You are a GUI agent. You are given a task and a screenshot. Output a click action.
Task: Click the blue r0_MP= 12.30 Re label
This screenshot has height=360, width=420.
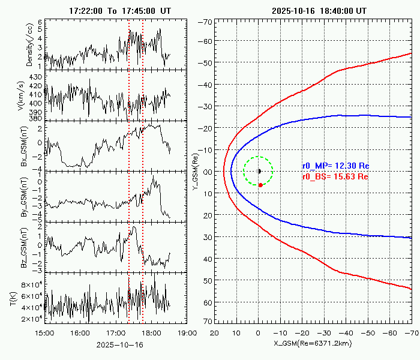(x=335, y=166)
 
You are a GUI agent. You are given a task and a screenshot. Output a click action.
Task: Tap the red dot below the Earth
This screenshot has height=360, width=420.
(x=260, y=185)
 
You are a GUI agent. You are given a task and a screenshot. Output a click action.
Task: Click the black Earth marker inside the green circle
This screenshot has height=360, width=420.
(x=259, y=171)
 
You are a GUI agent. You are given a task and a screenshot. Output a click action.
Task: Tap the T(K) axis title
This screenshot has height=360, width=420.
(x=13, y=298)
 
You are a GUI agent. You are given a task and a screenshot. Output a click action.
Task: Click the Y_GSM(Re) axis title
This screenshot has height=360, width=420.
(x=196, y=172)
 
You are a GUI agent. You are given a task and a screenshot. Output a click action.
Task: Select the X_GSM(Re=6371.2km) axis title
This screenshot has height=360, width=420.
(x=313, y=343)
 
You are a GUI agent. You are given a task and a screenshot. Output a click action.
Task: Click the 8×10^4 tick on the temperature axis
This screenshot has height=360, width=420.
(x=28, y=284)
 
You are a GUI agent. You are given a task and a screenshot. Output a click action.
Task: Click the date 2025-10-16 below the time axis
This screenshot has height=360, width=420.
(x=115, y=345)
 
